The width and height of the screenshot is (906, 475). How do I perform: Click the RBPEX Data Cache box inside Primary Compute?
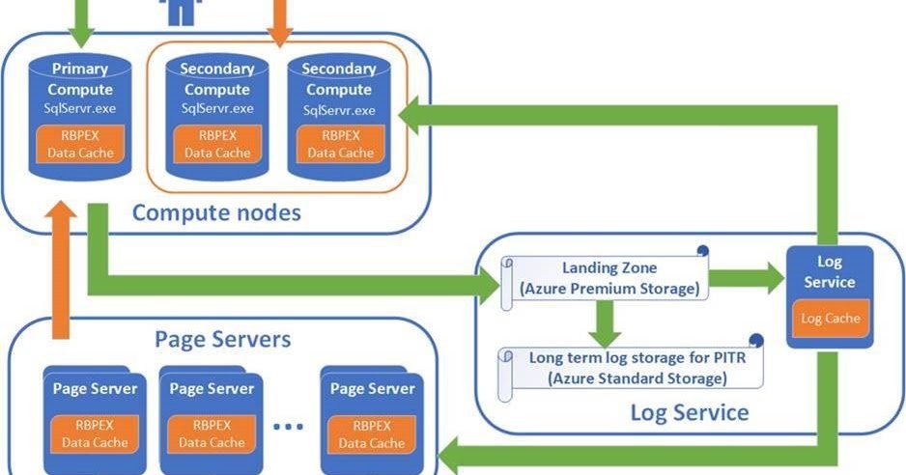pos(80,144)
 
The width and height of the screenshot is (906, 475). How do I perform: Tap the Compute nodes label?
pos(215,211)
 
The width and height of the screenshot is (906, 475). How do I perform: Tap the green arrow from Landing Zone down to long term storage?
pos(604,322)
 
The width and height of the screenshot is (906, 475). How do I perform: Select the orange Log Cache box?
pos(830,318)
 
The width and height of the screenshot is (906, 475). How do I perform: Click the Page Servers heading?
pos(222,340)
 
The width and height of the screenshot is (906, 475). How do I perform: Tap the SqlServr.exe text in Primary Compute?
pos(80,106)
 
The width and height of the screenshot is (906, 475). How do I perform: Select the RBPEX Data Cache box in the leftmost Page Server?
pos(94,433)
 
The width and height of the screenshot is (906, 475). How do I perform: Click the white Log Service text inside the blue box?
pos(829,272)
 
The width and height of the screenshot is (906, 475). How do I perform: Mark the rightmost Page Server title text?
pos(372,389)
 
